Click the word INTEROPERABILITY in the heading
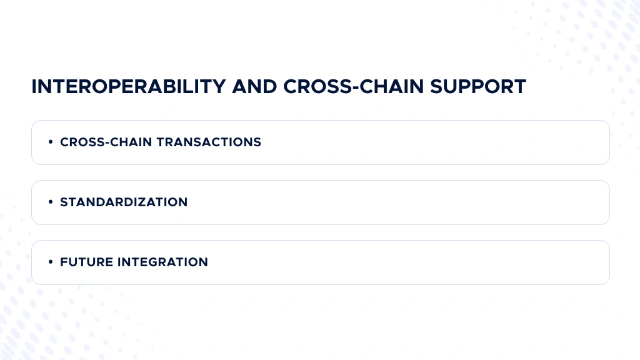[x=129, y=87]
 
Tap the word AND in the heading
[x=254, y=87]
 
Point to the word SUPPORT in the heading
[x=477, y=87]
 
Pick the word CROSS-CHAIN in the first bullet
[x=106, y=142]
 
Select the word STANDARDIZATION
[x=124, y=202]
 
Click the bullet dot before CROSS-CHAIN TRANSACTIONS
[x=50, y=142]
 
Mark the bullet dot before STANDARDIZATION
[x=50, y=202]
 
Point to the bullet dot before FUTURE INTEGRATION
[x=50, y=262]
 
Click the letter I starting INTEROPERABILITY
[x=34, y=87]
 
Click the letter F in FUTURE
[x=64, y=262]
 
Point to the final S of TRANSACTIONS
[x=257, y=142]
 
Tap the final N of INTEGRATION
[x=203, y=262]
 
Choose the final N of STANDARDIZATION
[x=182, y=202]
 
